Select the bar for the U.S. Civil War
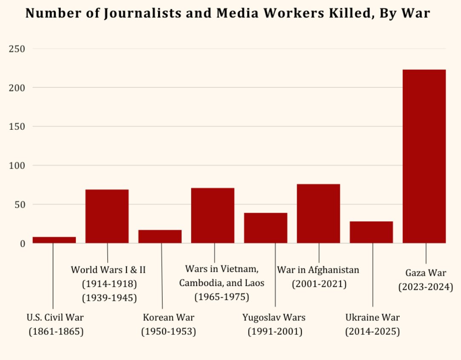tap(54, 240)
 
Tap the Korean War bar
tap(160, 237)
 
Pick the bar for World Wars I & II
tap(107, 216)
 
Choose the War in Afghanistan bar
tap(318, 214)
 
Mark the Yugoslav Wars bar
tap(266, 228)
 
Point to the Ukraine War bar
tap(371, 232)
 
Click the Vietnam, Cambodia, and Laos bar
tap(213, 215)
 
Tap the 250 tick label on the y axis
tap(17, 49)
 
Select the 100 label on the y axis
tap(17, 166)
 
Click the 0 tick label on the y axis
tap(23, 244)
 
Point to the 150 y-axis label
tap(17, 127)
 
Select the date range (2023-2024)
tap(426, 287)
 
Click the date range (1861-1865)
tap(56, 331)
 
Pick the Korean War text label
tap(169, 317)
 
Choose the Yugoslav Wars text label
tap(274, 317)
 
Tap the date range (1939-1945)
tap(109, 297)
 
